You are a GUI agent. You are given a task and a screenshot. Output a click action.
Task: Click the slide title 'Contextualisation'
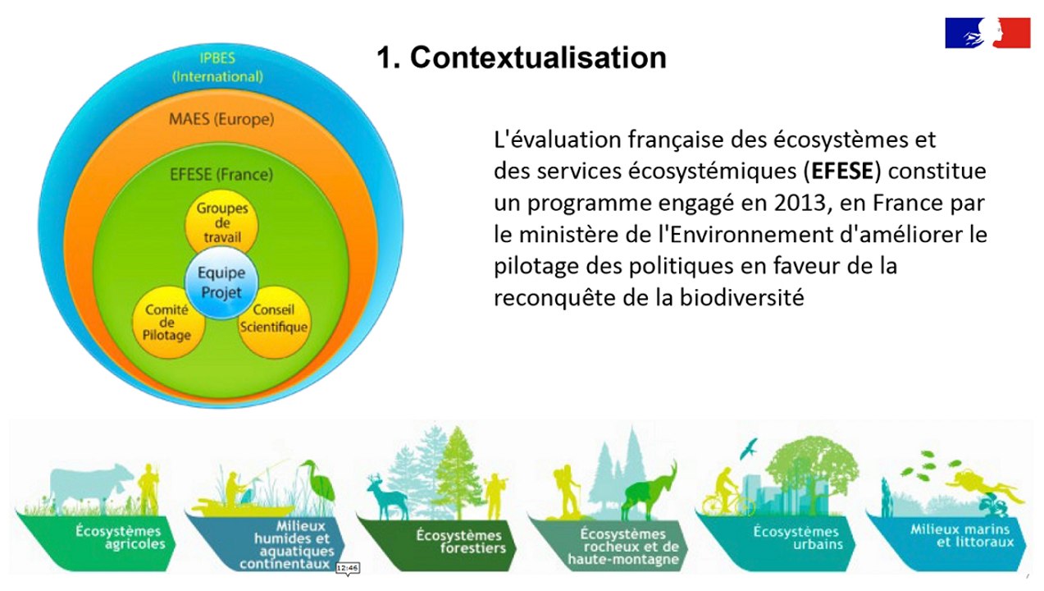click(521, 57)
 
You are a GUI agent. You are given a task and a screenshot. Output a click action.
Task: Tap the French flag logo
click(987, 32)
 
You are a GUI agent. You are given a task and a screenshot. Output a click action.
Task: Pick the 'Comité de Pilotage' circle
click(167, 322)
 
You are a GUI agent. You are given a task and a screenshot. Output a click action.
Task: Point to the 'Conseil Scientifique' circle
click(273, 319)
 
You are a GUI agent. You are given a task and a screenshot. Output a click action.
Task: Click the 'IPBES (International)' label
click(217, 67)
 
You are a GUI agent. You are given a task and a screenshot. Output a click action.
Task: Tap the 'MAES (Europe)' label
click(221, 119)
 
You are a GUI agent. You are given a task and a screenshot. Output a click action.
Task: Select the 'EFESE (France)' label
click(221, 174)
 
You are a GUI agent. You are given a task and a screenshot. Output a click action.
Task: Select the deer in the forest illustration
click(386, 495)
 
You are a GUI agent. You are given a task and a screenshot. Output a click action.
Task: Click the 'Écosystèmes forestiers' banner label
click(458, 542)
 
